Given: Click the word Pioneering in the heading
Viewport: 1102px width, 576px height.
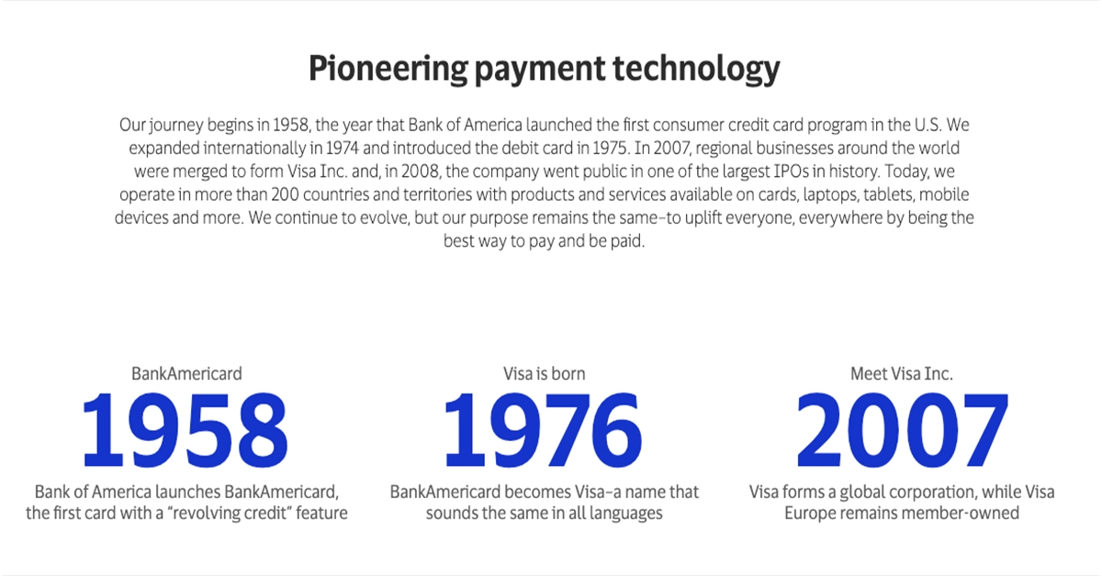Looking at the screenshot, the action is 388,70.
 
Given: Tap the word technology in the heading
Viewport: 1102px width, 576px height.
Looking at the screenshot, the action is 696,70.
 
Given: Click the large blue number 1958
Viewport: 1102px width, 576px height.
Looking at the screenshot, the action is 185,429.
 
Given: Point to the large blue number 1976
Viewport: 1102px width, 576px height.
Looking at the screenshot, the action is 543,429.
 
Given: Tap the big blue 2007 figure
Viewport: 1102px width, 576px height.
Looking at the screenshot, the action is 902,429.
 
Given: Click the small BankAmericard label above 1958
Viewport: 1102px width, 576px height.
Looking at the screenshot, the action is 186,374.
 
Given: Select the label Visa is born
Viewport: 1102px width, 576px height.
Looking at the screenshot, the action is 544,374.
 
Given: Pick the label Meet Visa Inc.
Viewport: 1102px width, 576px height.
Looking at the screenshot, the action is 901,374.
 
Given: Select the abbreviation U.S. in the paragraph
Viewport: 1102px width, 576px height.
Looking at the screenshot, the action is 928,126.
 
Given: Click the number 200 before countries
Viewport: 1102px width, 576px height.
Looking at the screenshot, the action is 285,194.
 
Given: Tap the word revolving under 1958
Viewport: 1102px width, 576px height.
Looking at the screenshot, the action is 213,514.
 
